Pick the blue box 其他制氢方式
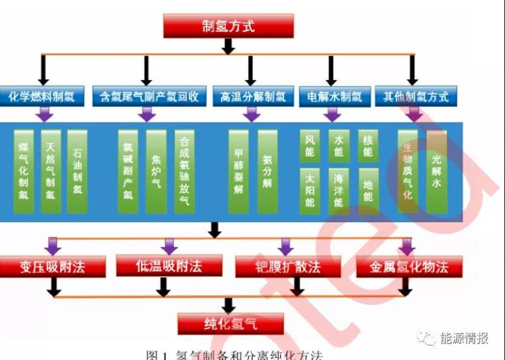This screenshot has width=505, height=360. [x=415, y=97]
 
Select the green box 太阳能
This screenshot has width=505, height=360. [x=309, y=191]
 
